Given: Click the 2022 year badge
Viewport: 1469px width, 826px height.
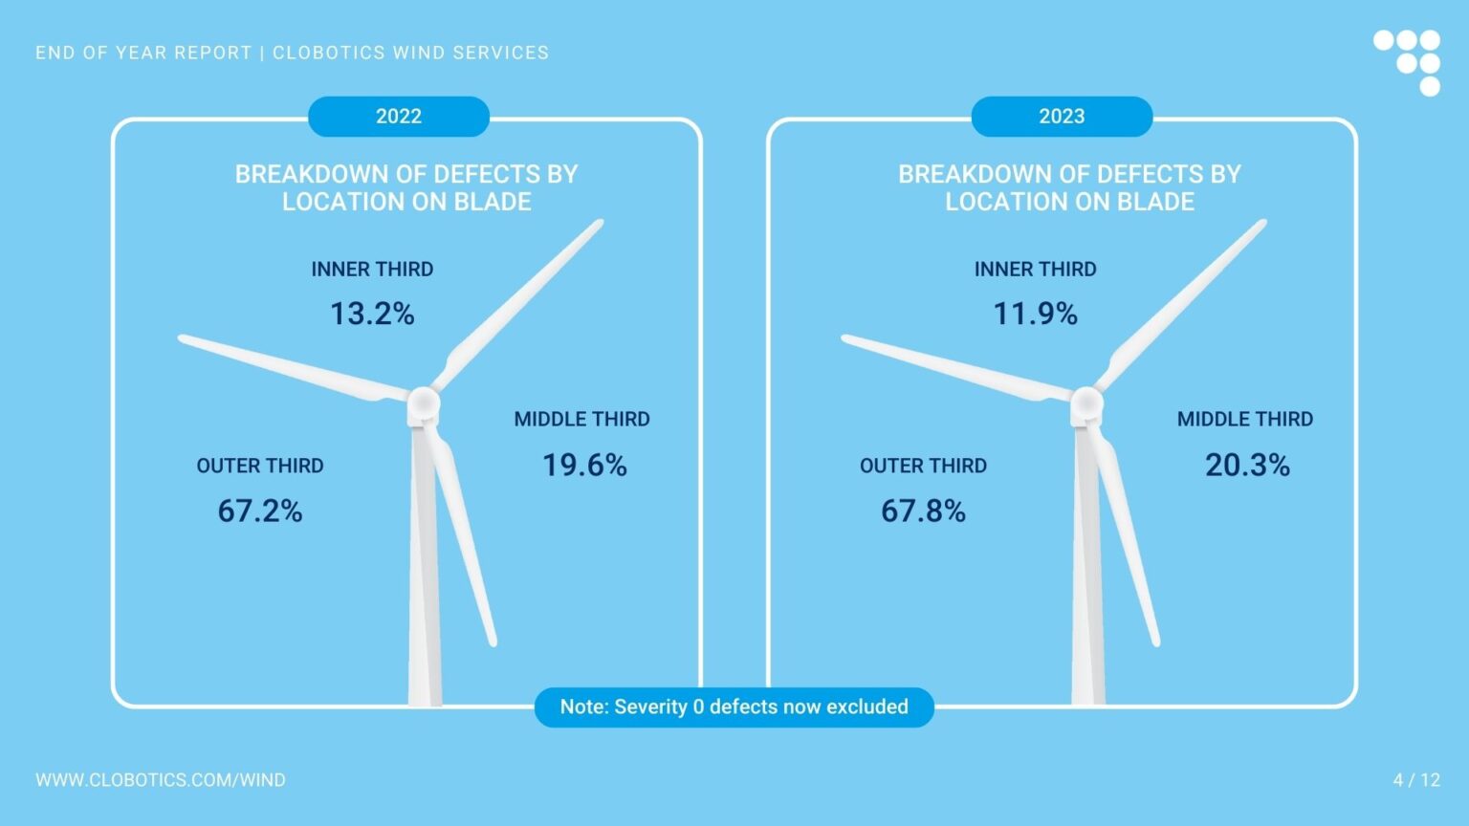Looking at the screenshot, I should [398, 117].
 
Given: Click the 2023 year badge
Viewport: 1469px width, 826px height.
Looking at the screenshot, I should [1062, 117].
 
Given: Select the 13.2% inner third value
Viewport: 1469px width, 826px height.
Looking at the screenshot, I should [372, 314].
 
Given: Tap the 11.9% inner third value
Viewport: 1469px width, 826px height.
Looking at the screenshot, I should [1035, 314].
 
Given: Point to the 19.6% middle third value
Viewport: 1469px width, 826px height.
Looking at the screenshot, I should [584, 465].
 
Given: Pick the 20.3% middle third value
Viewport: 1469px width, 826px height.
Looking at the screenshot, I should [1247, 465].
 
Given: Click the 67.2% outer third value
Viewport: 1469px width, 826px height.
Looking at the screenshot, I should [260, 511].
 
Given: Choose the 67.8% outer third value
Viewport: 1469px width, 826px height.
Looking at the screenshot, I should [923, 511].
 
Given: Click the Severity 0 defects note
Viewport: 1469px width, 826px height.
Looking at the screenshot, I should [734, 707].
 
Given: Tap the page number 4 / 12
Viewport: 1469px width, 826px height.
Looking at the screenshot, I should [1416, 780].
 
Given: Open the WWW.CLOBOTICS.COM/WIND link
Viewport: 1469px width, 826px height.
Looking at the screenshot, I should [161, 780].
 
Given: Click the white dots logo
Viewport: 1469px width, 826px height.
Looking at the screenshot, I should [1408, 62].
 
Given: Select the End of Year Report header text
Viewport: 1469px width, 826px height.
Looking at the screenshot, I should [292, 53].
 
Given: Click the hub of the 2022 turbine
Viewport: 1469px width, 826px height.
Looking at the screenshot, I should [423, 404].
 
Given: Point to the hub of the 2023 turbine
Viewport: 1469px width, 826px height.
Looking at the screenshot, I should [1086, 404].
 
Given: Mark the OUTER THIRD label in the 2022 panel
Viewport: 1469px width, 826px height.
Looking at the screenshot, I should [260, 466].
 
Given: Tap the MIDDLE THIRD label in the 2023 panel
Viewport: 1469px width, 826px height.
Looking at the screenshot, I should [1244, 419].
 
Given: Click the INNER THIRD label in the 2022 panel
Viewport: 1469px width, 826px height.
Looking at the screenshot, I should [372, 270].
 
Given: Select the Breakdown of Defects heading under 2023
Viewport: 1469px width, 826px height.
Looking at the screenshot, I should [1069, 187].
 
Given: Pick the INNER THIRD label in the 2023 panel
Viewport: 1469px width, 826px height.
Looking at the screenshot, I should [1035, 270].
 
